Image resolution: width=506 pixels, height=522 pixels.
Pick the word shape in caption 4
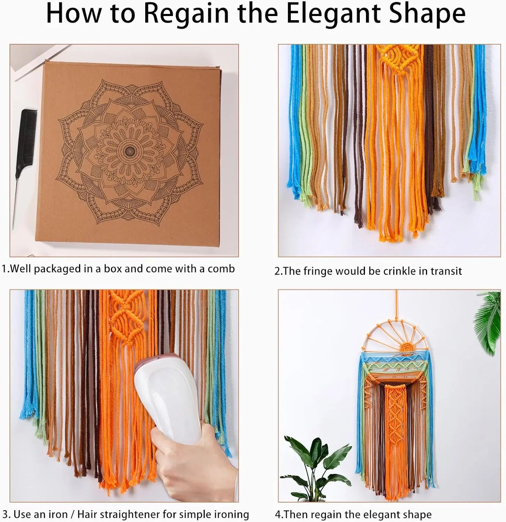point(418,515)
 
